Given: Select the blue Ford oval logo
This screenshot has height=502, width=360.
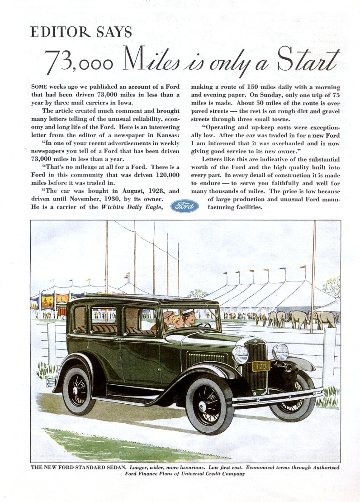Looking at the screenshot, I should point(185,206).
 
